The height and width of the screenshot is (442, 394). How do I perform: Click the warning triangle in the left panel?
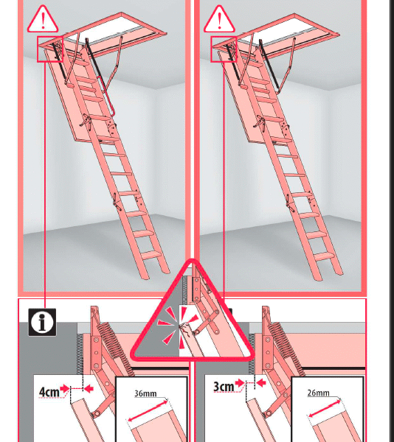pyautogui.click(x=43, y=20)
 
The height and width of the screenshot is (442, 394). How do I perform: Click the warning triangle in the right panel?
pyautogui.click(x=219, y=20)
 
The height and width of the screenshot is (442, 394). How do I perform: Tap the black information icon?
pyautogui.click(x=42, y=322)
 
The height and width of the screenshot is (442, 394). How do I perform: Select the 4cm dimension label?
pyautogui.click(x=49, y=392)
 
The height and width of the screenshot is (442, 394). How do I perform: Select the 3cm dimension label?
pyautogui.click(x=224, y=387)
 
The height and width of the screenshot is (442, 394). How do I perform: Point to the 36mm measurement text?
pyautogui.click(x=145, y=393)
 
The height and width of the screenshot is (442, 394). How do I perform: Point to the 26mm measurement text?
pyautogui.click(x=318, y=393)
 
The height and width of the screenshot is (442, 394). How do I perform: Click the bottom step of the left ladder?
pyautogui.click(x=151, y=255)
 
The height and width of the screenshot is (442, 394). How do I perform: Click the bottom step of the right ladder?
pyautogui.click(x=325, y=256)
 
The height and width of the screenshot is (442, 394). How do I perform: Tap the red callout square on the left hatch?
pyautogui.click(x=50, y=49)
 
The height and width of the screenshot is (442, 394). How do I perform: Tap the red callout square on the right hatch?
pyautogui.click(x=224, y=49)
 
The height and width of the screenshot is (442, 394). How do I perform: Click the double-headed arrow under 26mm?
pyautogui.click(x=325, y=408)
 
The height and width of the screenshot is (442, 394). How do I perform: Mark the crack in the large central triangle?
pyautogui.click(x=184, y=328)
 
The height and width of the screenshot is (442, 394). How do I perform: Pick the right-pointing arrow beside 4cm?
pyautogui.click(x=65, y=388)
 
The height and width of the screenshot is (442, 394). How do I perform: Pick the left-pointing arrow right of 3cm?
pyautogui.click(x=261, y=383)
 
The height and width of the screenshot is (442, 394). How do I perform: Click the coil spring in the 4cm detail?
pyautogui.click(x=116, y=348)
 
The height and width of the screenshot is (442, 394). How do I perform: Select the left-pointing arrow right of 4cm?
pyautogui.click(x=89, y=389)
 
